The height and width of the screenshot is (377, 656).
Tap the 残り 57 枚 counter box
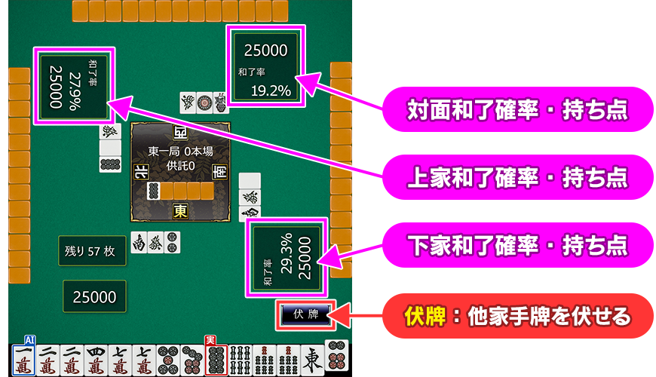point(90,252)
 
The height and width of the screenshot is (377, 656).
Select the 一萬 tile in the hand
point(23,360)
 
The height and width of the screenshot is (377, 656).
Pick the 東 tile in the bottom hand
point(311,360)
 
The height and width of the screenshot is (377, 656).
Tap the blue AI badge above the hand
point(30,339)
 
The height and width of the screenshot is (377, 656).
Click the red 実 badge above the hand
point(210,340)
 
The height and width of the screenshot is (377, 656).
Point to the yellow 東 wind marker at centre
point(180,210)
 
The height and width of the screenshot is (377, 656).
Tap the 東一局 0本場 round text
point(181,152)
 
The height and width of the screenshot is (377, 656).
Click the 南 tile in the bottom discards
point(139,242)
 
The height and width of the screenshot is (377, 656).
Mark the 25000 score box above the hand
point(95,297)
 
